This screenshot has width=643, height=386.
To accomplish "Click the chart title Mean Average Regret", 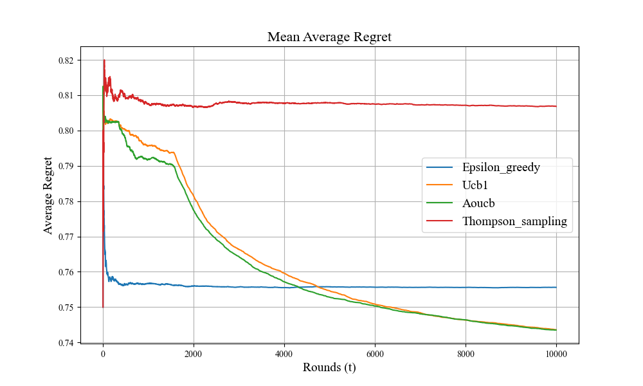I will point(329,37).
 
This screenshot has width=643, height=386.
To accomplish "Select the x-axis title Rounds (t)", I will point(329,367).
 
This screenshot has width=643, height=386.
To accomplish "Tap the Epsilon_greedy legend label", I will point(501,167).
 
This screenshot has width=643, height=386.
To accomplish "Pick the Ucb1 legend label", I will point(475,185).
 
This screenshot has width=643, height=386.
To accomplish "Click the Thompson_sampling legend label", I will point(514,221).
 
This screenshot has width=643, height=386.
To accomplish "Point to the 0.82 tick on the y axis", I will point(66,60).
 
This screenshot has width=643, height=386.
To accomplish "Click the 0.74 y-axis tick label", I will point(66,343).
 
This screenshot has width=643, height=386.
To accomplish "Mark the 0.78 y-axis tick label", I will point(66,201).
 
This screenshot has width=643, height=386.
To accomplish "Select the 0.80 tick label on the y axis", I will point(66,131).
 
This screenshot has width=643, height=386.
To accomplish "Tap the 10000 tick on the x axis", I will point(556,353).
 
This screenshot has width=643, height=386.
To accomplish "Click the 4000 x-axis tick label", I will point(284,353).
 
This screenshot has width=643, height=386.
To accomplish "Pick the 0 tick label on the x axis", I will point(103,353).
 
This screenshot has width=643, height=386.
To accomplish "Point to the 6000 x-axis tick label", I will point(375,353).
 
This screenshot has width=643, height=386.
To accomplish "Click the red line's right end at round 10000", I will point(556,106).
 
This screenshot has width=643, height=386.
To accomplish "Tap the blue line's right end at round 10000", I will point(556,287).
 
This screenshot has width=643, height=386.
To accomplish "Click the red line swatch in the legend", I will point(440,221).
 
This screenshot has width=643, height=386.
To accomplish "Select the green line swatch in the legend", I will point(440,203).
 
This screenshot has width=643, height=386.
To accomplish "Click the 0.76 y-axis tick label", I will point(66,272).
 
